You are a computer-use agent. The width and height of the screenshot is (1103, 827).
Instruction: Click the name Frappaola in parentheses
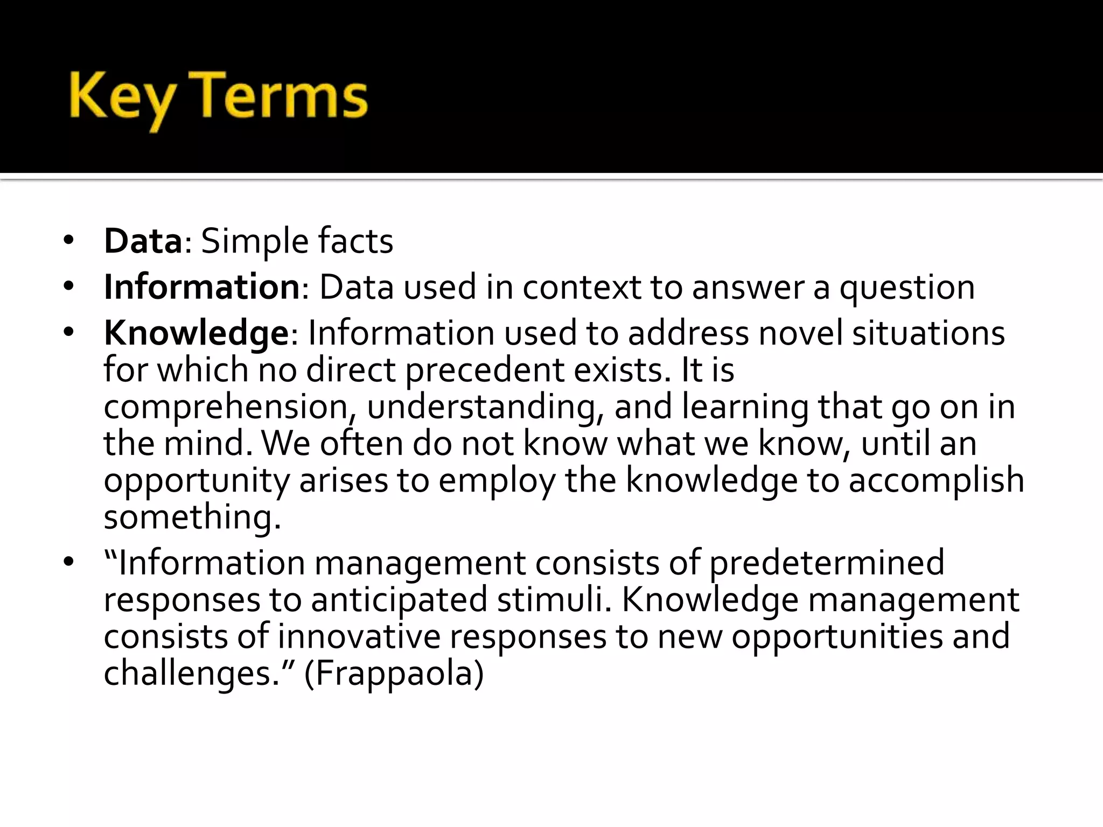point(394,673)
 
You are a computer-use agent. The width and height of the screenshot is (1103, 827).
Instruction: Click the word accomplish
point(936,480)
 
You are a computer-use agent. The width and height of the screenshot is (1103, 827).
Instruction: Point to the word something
point(192,517)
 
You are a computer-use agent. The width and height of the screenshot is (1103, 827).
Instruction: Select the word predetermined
point(826,563)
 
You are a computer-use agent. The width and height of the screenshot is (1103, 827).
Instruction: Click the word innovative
point(359,636)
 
